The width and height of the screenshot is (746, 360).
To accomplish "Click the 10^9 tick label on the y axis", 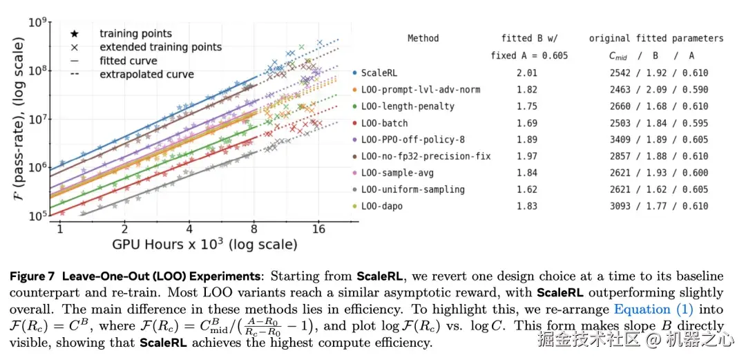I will click(38, 23).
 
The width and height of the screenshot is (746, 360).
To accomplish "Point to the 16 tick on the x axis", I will click(319, 229).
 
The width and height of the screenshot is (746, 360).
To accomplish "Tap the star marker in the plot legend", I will click(75, 33).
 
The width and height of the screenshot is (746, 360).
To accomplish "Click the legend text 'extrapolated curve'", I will click(146, 74).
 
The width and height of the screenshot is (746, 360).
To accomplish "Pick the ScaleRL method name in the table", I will click(379, 73).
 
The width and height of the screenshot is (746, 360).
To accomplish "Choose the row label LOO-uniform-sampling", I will click(413, 189).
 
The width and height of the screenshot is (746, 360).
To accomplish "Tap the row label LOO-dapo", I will click(382, 206).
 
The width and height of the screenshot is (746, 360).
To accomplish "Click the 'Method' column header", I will click(423, 39).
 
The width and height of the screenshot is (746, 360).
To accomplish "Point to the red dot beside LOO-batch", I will click(355, 123).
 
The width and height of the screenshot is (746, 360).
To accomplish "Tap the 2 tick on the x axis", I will click(125, 229).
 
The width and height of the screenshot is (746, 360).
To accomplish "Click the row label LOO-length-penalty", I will click(408, 106).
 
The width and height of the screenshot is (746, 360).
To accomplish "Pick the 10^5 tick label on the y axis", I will click(38, 216).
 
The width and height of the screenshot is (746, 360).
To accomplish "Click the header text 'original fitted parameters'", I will click(656, 39).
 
